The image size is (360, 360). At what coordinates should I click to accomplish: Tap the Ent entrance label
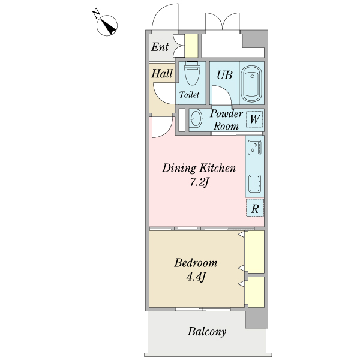coord(160,47)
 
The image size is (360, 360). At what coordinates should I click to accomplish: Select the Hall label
coord(162,74)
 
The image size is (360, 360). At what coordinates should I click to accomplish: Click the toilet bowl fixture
coord(193,73)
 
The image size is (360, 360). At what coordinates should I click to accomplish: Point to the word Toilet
coord(189,95)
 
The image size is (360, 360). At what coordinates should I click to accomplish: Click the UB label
coord(224,75)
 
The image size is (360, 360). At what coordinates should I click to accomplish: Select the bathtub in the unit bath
coord(252,84)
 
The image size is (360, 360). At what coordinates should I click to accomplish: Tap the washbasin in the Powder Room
coord(196,118)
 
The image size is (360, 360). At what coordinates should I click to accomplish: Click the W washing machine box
coord(254,119)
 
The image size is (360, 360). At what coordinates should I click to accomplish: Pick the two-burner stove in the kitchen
coord(254,147)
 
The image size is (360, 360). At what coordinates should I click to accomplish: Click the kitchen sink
coord(255,184)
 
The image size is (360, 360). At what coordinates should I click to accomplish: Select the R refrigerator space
coord(255,208)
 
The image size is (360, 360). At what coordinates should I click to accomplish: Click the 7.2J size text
coord(199,182)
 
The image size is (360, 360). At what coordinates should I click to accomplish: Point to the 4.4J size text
coord(196,277)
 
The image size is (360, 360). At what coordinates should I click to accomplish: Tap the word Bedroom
coord(196,263)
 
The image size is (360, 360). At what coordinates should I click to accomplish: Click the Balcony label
coord(207,332)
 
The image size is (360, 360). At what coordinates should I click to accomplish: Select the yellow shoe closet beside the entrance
coord(191,46)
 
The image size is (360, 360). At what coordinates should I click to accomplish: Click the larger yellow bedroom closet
coord(254,252)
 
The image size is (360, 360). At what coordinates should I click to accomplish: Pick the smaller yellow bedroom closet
coord(255,292)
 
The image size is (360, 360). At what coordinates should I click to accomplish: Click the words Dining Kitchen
coord(199,168)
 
